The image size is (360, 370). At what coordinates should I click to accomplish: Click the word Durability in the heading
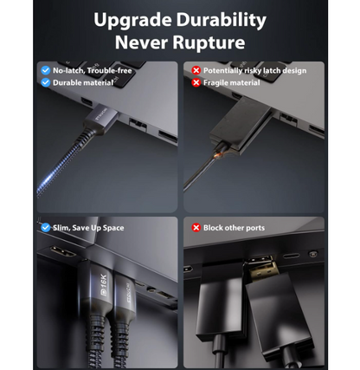tap(222, 20)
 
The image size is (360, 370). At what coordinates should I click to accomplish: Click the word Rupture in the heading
tap(209, 42)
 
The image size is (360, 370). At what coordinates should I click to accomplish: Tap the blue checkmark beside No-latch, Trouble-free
tap(46, 70)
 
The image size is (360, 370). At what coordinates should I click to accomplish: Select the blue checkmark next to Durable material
tap(46, 82)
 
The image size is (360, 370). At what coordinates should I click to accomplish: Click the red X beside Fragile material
tap(196, 82)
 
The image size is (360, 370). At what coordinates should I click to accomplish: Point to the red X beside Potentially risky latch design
tap(196, 70)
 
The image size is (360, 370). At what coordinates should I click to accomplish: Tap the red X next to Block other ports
tap(196, 228)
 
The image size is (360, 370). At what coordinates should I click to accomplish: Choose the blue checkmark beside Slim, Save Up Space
tap(46, 228)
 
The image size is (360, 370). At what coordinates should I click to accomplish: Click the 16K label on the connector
tap(103, 285)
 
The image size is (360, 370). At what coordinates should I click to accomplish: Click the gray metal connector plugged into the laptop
tap(101, 120)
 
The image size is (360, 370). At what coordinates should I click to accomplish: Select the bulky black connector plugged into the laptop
tap(240, 124)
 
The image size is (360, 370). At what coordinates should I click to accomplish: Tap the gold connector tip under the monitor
tap(262, 268)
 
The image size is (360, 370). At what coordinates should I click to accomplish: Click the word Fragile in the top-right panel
tap(215, 83)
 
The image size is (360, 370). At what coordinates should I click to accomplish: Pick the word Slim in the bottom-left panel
tap(61, 228)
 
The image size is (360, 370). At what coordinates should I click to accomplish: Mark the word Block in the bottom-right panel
tap(213, 228)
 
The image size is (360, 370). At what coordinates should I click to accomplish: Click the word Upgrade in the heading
tap(132, 21)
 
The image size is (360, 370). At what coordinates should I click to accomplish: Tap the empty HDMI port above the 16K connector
tap(63, 251)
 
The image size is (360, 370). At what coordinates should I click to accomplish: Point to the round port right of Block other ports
tap(312, 254)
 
